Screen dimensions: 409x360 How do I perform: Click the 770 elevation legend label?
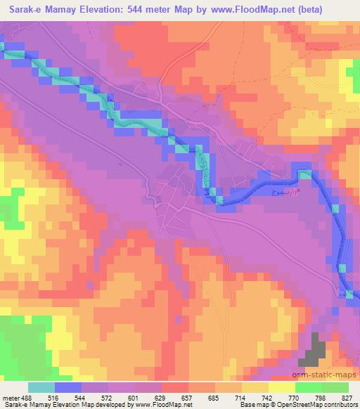(x=287, y=396)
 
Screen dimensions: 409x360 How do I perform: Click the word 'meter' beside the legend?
(x=10, y=396)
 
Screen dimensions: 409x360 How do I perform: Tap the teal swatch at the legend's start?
(x=41, y=387)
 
